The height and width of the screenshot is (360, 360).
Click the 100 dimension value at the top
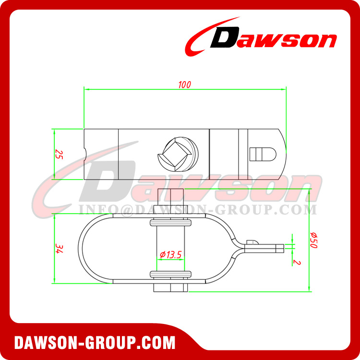(184, 84)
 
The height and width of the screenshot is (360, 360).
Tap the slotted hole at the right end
(262, 154)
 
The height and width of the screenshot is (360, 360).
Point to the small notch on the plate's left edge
(85, 154)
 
